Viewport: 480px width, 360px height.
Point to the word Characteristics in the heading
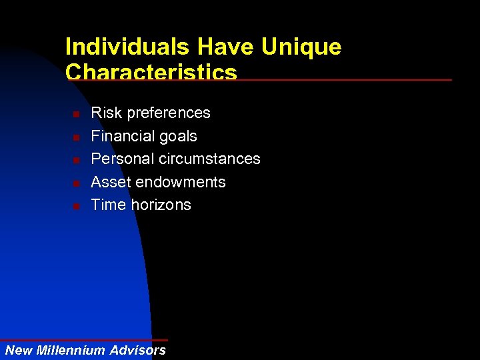151,71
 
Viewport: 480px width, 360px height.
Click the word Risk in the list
103,113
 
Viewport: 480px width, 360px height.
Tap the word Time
107,205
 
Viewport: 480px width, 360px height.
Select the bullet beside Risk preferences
77,115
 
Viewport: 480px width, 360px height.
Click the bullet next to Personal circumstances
77,160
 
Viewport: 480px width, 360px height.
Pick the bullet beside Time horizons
77,206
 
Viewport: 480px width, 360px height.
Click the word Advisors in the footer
138,351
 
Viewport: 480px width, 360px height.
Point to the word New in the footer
19,351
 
